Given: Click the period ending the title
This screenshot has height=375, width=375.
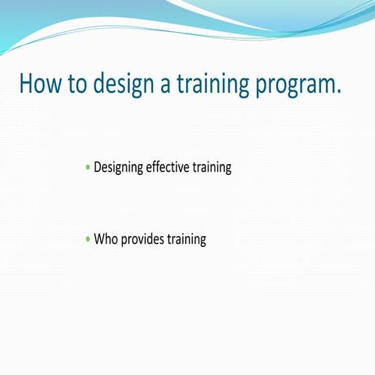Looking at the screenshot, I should click(x=338, y=92).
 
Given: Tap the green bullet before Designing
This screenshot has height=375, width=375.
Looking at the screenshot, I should click(x=87, y=168).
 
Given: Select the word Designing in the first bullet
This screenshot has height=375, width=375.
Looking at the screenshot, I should click(x=119, y=168).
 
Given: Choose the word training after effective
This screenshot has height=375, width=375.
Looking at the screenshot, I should click(x=212, y=168).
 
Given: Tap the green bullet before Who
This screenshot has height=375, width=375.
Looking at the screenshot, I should click(x=87, y=240).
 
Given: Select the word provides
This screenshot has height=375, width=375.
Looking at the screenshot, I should click(x=141, y=240).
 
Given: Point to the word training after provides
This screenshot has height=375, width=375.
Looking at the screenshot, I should click(x=186, y=240).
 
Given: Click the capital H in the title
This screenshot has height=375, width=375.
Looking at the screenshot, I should click(x=26, y=84).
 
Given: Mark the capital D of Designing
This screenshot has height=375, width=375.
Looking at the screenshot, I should click(x=98, y=167).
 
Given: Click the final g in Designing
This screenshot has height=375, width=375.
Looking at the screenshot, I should click(x=140, y=170).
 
